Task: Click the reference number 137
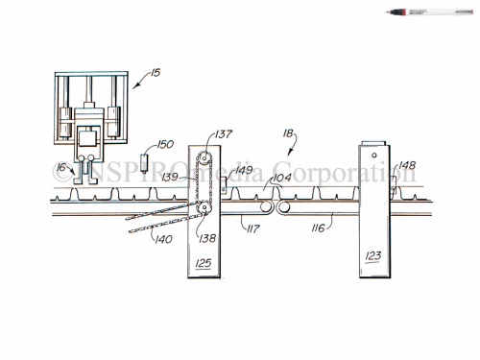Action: pyautogui.click(x=224, y=134)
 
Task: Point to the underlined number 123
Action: pyautogui.click(x=373, y=256)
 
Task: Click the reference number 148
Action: pyautogui.click(x=408, y=165)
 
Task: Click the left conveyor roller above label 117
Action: pyautogui.click(x=263, y=205)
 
